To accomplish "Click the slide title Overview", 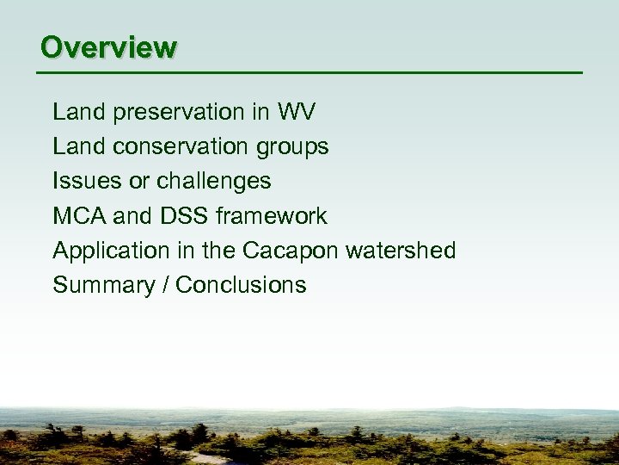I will tap(108, 47).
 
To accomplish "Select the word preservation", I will tap(175, 113).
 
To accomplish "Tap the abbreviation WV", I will tap(297, 112).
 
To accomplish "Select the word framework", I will tap(272, 215).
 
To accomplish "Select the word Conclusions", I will tap(241, 285).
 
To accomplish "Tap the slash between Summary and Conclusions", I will tap(164, 285).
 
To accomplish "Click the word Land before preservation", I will tap(77, 112).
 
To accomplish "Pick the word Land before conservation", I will tap(77, 147).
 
